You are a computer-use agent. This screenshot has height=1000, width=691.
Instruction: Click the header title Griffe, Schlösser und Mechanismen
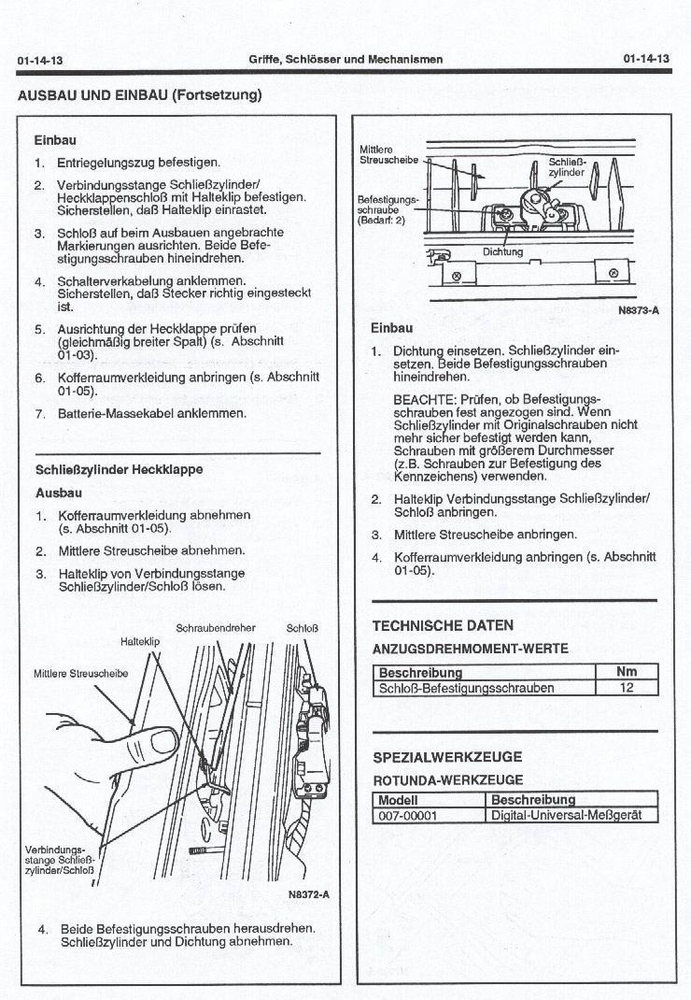coord(345,59)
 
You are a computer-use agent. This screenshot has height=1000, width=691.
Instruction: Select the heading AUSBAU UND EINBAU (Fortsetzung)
coord(139,94)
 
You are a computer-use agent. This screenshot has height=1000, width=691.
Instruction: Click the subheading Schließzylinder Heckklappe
coord(119,469)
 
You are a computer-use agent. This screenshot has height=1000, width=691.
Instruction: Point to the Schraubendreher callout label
coord(215,627)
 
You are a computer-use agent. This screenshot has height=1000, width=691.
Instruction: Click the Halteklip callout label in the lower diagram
coord(140,642)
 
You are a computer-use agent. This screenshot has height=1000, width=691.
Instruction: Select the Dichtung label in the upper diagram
coord(502,252)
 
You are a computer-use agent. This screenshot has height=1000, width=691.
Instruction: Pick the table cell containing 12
coord(627,688)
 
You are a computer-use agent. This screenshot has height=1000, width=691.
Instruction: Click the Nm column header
coord(627,672)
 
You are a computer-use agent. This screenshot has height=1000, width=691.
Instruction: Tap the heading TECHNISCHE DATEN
coord(443,625)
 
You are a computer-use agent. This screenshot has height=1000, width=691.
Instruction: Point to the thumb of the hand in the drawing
coord(154,743)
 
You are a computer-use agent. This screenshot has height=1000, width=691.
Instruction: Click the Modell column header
coord(399,800)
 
